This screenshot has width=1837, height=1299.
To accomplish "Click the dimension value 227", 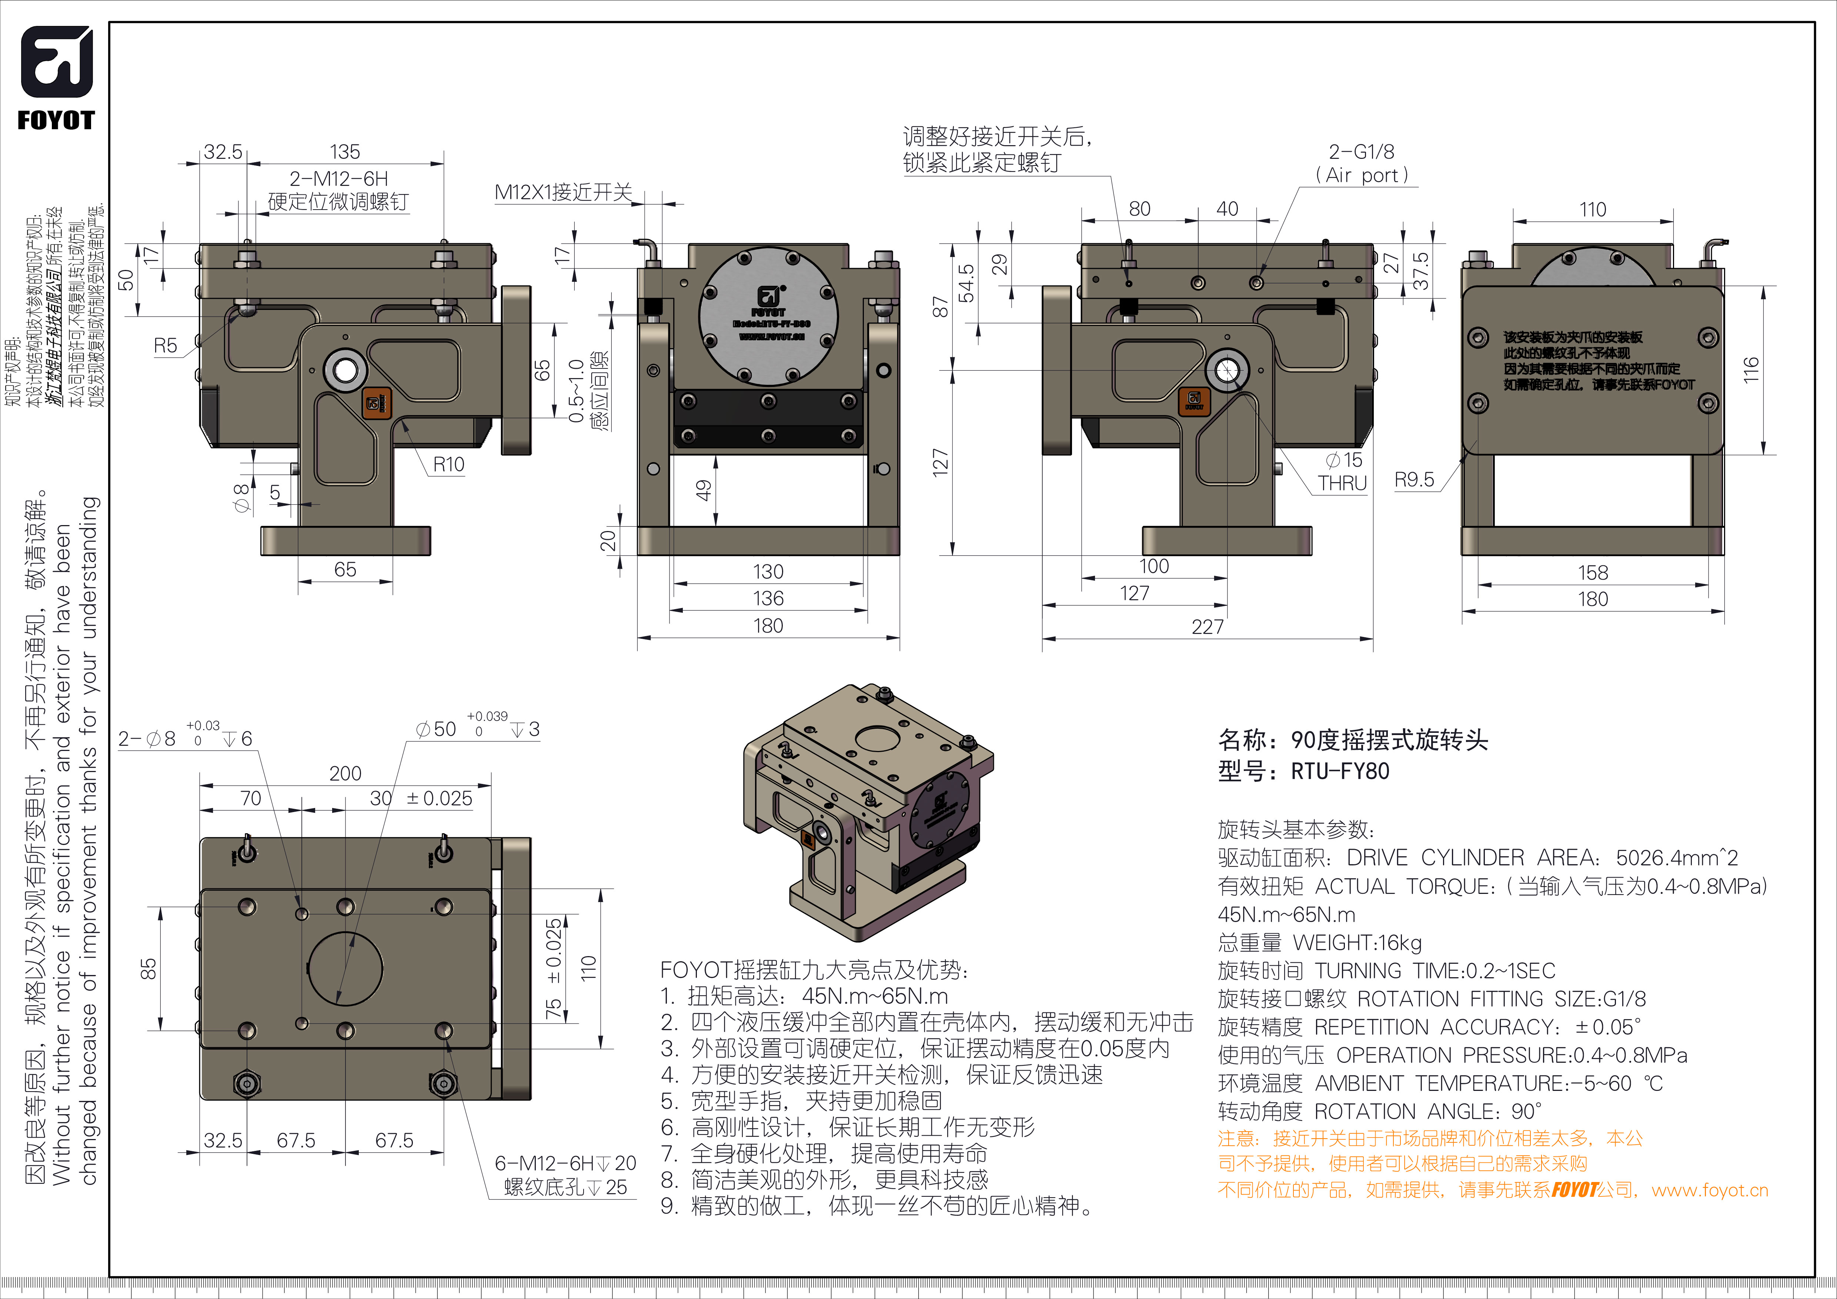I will pyautogui.click(x=1208, y=626).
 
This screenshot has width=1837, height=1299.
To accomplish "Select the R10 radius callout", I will pyautogui.click(x=448, y=465).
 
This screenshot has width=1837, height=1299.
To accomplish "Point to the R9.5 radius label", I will pyautogui.click(x=1414, y=480).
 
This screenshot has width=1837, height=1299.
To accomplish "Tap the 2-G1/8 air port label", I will pyautogui.click(x=1361, y=152).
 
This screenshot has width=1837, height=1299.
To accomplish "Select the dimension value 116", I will pyautogui.click(x=1751, y=370).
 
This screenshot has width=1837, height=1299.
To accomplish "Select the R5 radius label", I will pyautogui.click(x=166, y=345).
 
